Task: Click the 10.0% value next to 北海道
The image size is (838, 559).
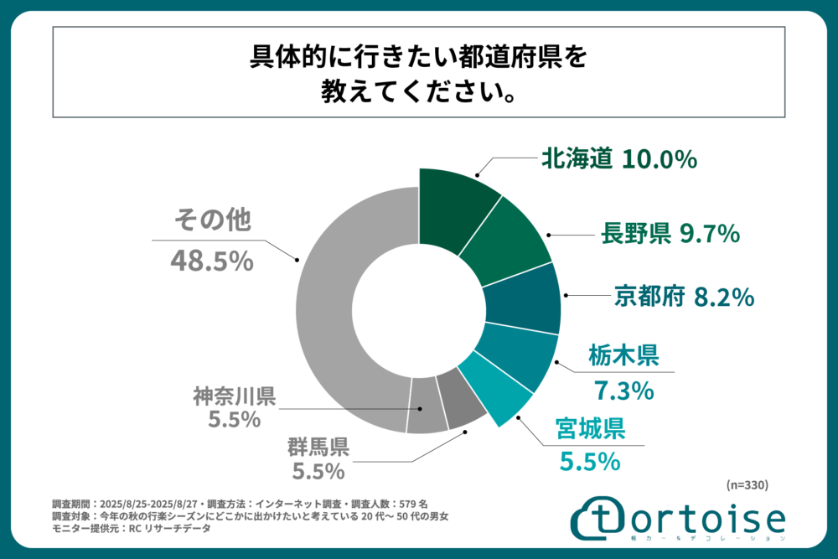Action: [660, 158]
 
